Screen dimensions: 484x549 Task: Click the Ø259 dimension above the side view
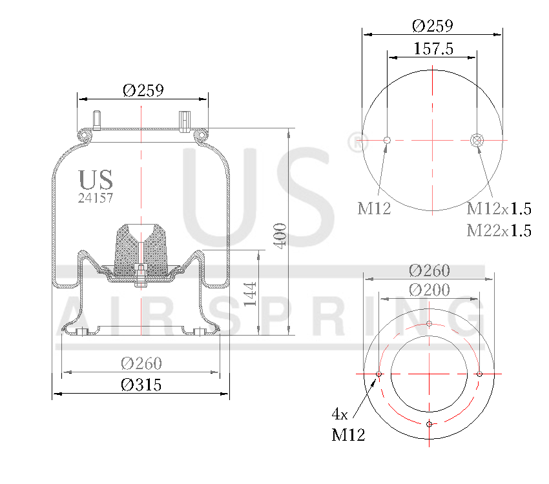143,90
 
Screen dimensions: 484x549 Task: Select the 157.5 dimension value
432,49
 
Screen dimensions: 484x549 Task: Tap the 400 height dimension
280,234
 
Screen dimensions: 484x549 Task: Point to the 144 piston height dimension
251,293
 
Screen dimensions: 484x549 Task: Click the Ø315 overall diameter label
141,385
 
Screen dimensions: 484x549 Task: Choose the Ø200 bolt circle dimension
430,290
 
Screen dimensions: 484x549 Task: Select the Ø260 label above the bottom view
430,270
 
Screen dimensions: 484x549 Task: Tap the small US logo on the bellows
96,179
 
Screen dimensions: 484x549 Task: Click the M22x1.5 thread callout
499,230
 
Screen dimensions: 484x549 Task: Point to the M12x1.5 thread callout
499,208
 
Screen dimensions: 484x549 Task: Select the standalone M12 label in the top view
374,208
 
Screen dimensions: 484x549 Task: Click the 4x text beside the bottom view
340,413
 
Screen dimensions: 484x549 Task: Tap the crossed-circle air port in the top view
477,140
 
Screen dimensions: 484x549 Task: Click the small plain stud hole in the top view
387,140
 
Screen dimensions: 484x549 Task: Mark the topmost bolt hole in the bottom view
430,323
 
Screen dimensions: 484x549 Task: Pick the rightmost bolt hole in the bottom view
480,374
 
